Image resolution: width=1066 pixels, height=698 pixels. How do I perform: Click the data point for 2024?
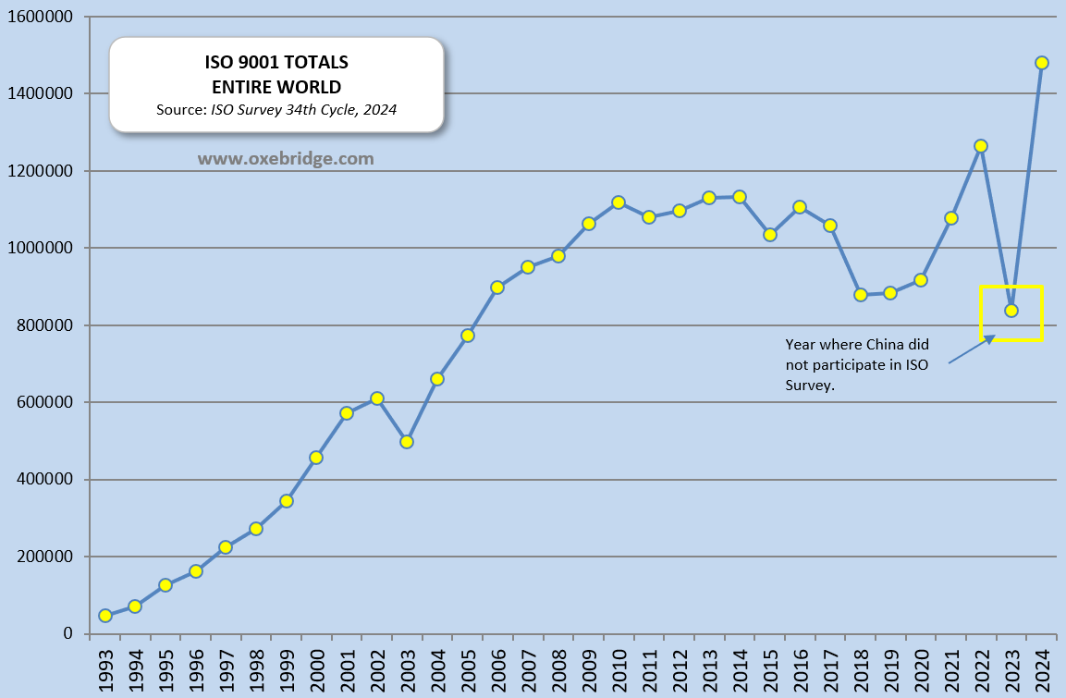tap(1041, 63)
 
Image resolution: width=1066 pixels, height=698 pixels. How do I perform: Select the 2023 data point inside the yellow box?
tap(1011, 311)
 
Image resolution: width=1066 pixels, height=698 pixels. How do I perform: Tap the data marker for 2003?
tap(407, 442)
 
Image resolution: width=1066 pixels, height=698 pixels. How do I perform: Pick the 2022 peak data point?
tap(981, 146)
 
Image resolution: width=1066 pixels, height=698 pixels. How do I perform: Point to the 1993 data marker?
tap(105, 616)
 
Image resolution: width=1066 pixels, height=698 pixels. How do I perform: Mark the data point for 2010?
tap(619, 202)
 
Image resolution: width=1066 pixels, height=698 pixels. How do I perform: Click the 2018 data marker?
tap(861, 295)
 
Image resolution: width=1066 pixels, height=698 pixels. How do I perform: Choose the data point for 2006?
tap(497, 288)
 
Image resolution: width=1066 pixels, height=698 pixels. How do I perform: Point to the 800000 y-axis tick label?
tap(44, 325)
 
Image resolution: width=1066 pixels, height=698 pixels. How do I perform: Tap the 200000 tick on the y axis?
tap(44, 557)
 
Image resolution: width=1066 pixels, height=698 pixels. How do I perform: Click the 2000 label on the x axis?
tap(317, 667)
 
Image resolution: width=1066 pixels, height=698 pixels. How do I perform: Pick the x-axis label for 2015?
tap(770, 667)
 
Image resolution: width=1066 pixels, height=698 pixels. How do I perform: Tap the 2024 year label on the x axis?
tap(1042, 667)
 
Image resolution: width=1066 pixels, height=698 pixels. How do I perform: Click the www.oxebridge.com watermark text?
tap(286, 159)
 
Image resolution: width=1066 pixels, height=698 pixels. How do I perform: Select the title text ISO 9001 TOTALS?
tap(276, 63)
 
